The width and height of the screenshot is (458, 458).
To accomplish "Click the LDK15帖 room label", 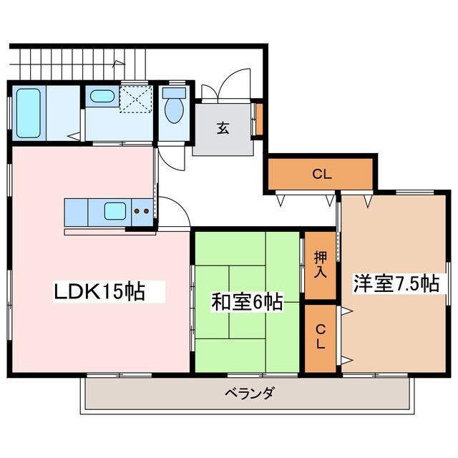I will coord(100,291).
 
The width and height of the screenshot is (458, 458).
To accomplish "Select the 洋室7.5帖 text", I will coord(395,284).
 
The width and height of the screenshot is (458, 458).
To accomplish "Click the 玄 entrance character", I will coord(223,128).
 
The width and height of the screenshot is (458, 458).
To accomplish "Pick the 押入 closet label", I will coord(320,264).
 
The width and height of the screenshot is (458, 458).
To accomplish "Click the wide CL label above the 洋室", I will coord(321,173).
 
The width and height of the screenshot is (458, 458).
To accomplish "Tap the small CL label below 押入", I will coord(320,336).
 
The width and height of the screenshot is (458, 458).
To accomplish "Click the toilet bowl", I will coord(173,109).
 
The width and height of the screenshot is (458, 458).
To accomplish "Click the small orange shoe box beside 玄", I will coord(259,120).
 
